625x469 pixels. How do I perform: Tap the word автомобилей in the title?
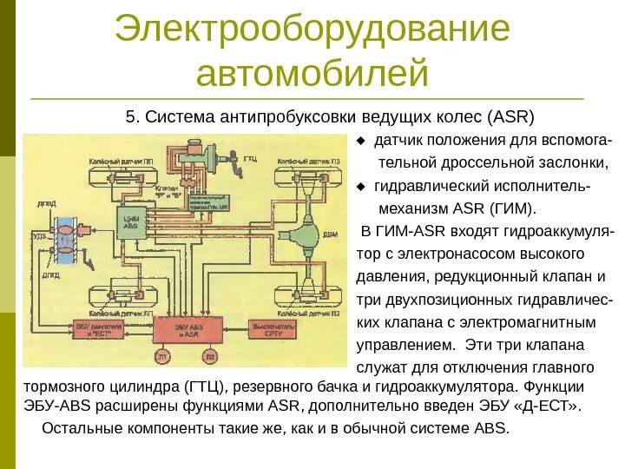coord(312,74)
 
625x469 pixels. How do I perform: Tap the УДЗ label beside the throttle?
coord(38,235)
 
